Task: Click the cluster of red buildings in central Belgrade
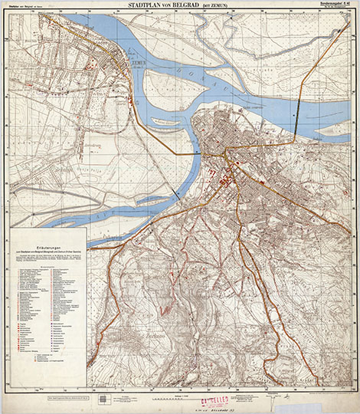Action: point(226,181)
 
